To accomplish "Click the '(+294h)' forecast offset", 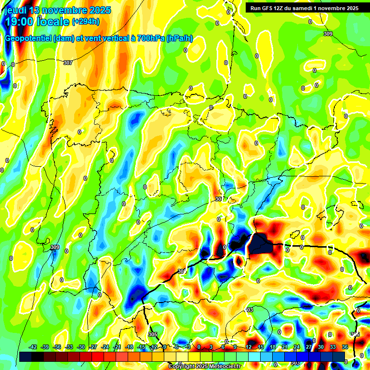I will (86, 22).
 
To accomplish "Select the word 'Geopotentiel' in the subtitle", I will (28, 39).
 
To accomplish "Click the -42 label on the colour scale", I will (33, 347).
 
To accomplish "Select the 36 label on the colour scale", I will (344, 347).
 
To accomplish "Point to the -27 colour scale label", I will (93, 347).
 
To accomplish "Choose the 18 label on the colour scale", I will (273, 347).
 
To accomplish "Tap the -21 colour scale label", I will (117, 347).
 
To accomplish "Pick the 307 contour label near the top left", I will (68, 63).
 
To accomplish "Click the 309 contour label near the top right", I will (328, 34).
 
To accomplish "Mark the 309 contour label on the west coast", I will (55, 247).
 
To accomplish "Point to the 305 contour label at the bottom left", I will (153, 334).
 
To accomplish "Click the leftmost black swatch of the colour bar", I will (26, 357).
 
